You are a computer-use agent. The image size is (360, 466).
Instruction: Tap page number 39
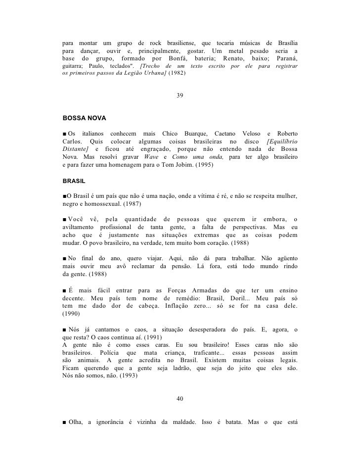click(x=180, y=95)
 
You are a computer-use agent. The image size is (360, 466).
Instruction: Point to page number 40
click(x=180, y=399)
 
